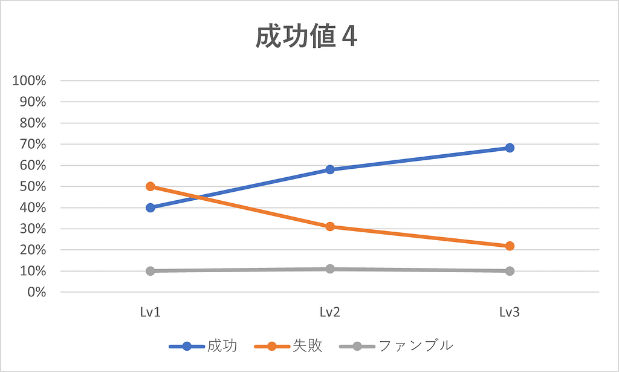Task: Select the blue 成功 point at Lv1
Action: (x=151, y=207)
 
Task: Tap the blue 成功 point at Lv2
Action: (x=330, y=169)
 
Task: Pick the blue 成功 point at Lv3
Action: (x=510, y=148)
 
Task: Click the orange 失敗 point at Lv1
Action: (x=151, y=186)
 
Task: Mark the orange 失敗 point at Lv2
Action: (x=330, y=227)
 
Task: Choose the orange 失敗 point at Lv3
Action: (x=510, y=246)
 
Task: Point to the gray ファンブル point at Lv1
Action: (x=151, y=271)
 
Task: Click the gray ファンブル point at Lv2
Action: (x=330, y=269)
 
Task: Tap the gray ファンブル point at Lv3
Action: (x=510, y=271)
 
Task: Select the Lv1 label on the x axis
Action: (x=151, y=312)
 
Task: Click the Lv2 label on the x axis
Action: (x=330, y=312)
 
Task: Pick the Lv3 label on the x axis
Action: (x=510, y=312)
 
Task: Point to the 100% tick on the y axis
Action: (x=30, y=80)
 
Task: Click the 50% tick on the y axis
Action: (x=33, y=186)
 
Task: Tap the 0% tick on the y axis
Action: (x=36, y=292)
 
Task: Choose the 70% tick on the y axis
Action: (x=33, y=144)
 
